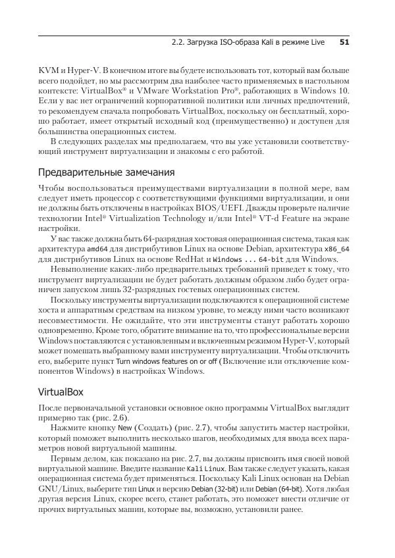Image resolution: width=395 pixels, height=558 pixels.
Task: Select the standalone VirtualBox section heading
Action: click(61, 392)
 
